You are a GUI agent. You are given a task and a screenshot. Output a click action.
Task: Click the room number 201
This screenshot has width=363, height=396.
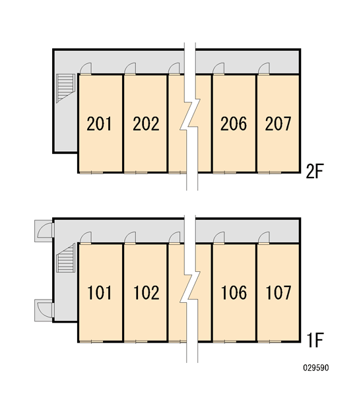tap(99, 124)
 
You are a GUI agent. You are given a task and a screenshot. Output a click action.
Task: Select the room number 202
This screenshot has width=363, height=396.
tap(146, 124)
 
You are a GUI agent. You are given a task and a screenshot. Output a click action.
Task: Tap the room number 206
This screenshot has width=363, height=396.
tap(234, 124)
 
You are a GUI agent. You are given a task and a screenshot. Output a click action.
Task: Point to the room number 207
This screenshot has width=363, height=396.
tap(278, 124)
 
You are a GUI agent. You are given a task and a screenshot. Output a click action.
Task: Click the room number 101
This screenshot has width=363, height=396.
tap(99, 292)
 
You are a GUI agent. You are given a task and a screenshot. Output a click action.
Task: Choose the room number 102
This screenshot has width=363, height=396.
tap(147, 292)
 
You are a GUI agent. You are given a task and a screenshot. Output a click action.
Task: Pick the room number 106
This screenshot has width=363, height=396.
tap(234, 292)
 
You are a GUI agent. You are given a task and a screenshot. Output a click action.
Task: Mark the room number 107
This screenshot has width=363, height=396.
tap(279, 292)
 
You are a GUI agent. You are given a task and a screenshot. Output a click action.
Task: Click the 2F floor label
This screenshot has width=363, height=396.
tap(315, 171)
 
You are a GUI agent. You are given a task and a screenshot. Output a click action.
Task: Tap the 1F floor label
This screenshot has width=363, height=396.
tap(315, 340)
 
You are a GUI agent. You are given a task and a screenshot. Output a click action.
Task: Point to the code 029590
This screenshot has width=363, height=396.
tap(316, 368)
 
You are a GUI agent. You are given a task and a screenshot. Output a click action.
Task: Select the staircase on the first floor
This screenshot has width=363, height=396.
tap(65, 258)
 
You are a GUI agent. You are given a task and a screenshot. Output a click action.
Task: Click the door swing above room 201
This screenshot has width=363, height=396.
tap(86, 69)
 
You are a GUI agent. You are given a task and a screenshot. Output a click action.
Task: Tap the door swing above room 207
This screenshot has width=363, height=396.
tap(264, 69)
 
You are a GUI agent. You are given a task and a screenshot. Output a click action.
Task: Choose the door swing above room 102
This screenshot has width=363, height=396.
tap(130, 238)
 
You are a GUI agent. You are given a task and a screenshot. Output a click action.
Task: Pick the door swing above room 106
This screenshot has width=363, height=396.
tap(218, 238)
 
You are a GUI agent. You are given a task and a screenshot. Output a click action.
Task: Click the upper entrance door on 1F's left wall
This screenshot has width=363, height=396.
tap(44, 231)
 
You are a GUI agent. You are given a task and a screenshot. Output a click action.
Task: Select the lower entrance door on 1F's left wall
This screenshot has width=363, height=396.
tap(44, 310)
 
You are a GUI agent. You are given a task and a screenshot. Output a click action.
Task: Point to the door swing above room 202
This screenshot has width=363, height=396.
tap(130, 69)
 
